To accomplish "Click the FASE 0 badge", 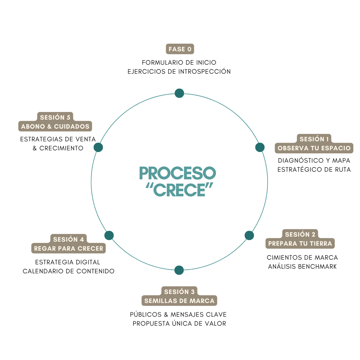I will (x=180, y=49).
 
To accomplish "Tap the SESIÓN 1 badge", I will (x=314, y=139).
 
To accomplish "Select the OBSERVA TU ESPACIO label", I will (x=314, y=148).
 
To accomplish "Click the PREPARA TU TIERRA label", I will (x=300, y=243).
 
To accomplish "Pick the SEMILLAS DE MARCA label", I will (x=179, y=301).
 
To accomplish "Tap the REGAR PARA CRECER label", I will (x=69, y=248).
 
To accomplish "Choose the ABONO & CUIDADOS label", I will (x=55, y=126).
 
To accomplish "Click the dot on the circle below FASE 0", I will (x=179, y=93).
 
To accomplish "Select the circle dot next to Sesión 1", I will (x=260, y=147).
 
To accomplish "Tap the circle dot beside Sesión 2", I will (x=249, y=235).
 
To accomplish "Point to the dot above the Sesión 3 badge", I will (x=179, y=270).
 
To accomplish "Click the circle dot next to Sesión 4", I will (x=109, y=235).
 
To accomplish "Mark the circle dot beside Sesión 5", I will (x=98, y=147).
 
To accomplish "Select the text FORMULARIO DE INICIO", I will (x=179, y=62).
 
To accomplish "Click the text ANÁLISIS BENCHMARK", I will (x=302, y=266).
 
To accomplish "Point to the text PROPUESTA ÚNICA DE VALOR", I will (x=179, y=323).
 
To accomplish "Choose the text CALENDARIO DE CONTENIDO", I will (x=69, y=271).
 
